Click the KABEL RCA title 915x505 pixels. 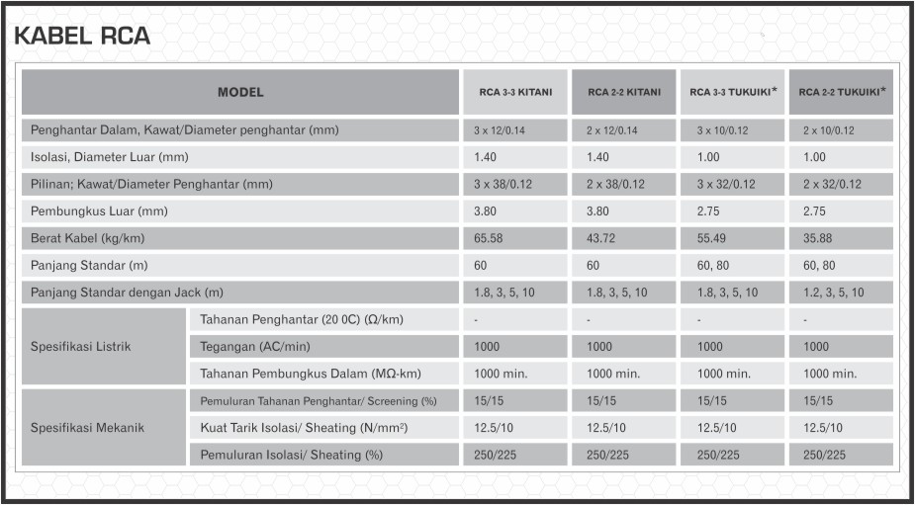[x=82, y=36]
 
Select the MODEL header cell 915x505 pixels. [x=240, y=92]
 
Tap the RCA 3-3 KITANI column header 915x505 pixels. [x=513, y=92]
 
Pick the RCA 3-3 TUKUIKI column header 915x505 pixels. [x=732, y=92]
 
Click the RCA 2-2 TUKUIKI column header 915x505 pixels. [x=842, y=92]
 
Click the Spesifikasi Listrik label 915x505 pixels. [x=80, y=347]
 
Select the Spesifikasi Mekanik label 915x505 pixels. [x=86, y=428]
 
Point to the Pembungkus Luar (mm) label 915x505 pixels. [x=99, y=211]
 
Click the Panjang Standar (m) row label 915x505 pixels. [x=89, y=265]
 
